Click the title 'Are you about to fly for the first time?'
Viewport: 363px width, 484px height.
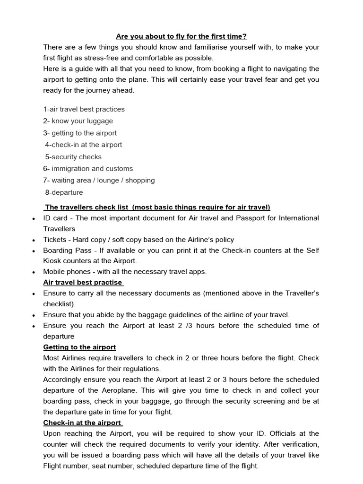181,36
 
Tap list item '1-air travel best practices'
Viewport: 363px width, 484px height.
84,109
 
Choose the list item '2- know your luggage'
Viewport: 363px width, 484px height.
78,121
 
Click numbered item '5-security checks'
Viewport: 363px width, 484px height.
73,157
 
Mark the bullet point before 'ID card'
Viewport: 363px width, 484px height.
33,219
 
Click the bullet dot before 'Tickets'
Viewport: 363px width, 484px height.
33,241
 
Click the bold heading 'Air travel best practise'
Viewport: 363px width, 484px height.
83,283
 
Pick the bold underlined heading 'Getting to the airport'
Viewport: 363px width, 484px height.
79,347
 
